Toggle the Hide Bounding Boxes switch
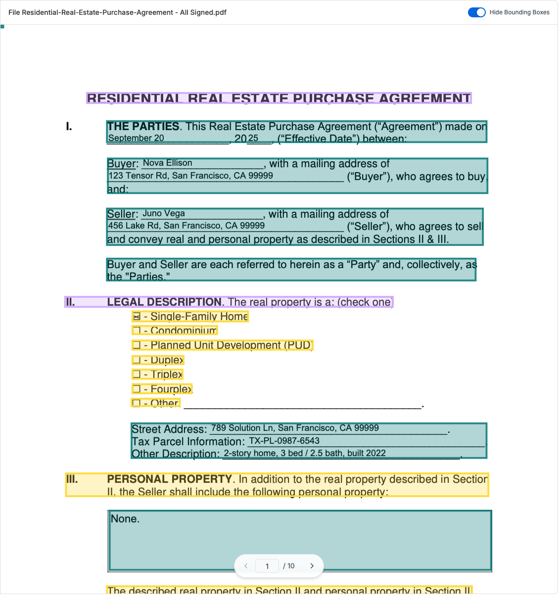(x=477, y=12)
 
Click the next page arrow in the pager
(x=312, y=566)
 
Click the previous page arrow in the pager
(x=246, y=566)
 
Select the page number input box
(x=267, y=566)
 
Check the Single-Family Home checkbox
(x=137, y=317)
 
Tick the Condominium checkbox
(x=137, y=330)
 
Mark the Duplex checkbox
(x=137, y=360)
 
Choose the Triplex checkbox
(x=137, y=374)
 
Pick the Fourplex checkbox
(x=137, y=389)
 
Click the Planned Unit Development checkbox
(x=137, y=345)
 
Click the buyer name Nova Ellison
(x=167, y=163)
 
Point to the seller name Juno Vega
(x=164, y=214)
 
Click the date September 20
(x=136, y=138)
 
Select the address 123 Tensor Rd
(x=190, y=176)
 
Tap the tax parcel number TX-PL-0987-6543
(x=284, y=441)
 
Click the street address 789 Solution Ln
(x=295, y=428)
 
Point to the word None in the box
(x=125, y=519)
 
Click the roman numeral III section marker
(x=72, y=479)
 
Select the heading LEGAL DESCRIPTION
(x=164, y=302)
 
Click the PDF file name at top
(x=117, y=12)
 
